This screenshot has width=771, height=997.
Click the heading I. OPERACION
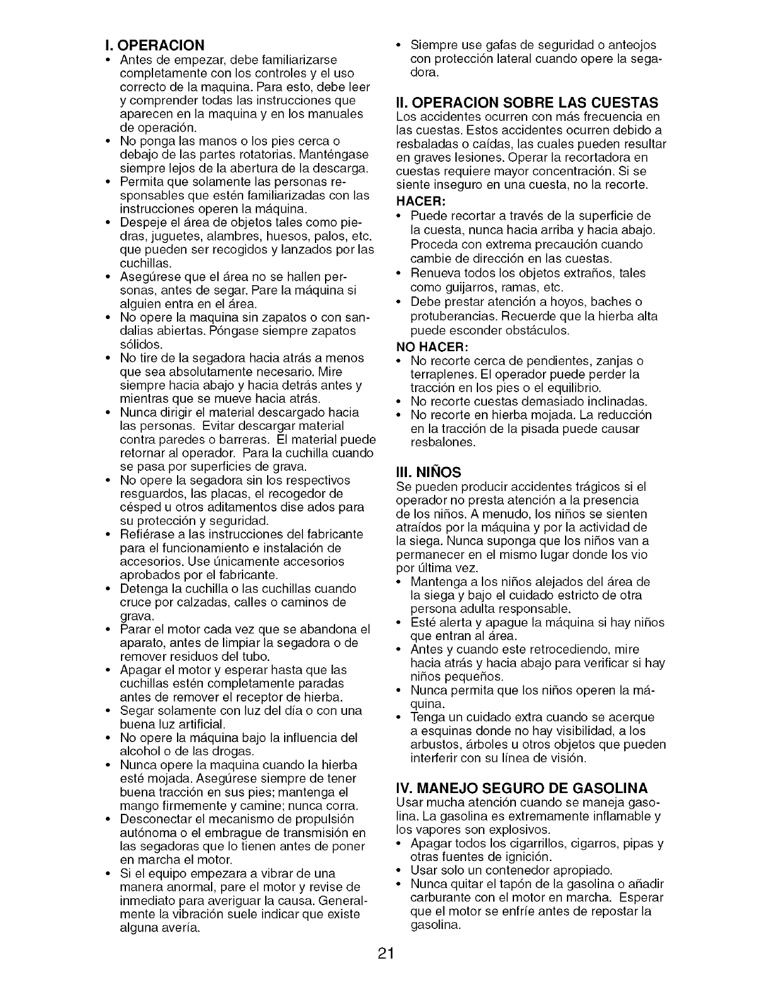[155, 45]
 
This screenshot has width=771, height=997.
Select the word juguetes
[176, 236]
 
